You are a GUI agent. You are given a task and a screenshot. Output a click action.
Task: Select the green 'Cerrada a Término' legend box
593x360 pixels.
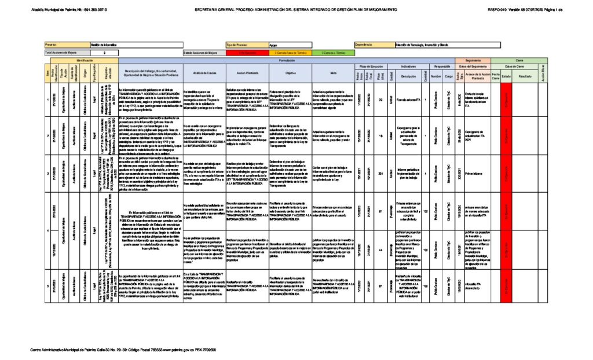[x=331, y=52]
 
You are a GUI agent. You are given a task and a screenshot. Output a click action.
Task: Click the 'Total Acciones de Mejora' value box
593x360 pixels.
[x=104, y=52]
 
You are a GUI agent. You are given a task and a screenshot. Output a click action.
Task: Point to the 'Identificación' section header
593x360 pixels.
[x=85, y=60]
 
